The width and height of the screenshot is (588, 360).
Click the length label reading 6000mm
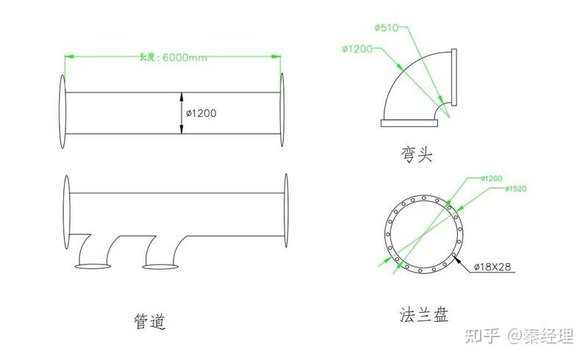(185, 57)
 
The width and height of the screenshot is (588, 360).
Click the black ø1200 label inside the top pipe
(201, 113)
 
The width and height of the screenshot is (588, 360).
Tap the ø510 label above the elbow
(387, 27)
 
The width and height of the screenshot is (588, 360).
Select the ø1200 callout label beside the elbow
(357, 48)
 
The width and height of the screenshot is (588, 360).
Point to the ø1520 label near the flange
(516, 189)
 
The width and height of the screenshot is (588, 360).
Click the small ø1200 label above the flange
(491, 178)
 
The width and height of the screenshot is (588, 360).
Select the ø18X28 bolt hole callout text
(492, 267)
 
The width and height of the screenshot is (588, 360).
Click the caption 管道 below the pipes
(150, 321)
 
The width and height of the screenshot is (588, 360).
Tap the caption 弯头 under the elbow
(417, 154)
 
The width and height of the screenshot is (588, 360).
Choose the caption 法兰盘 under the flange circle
(424, 314)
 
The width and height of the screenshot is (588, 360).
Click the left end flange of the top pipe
(62, 112)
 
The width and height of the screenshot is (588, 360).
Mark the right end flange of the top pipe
(282, 109)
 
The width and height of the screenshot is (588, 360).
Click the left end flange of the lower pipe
(67, 212)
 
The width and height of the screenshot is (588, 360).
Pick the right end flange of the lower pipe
(286, 210)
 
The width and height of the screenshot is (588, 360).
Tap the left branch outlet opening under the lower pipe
(93, 266)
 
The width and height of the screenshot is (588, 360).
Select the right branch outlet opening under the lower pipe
(160, 267)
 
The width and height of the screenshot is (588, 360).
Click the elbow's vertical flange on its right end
(454, 77)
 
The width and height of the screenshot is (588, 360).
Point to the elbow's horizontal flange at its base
(409, 123)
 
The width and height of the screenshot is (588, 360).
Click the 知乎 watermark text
(482, 336)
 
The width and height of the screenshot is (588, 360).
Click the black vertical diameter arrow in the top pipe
(182, 113)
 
